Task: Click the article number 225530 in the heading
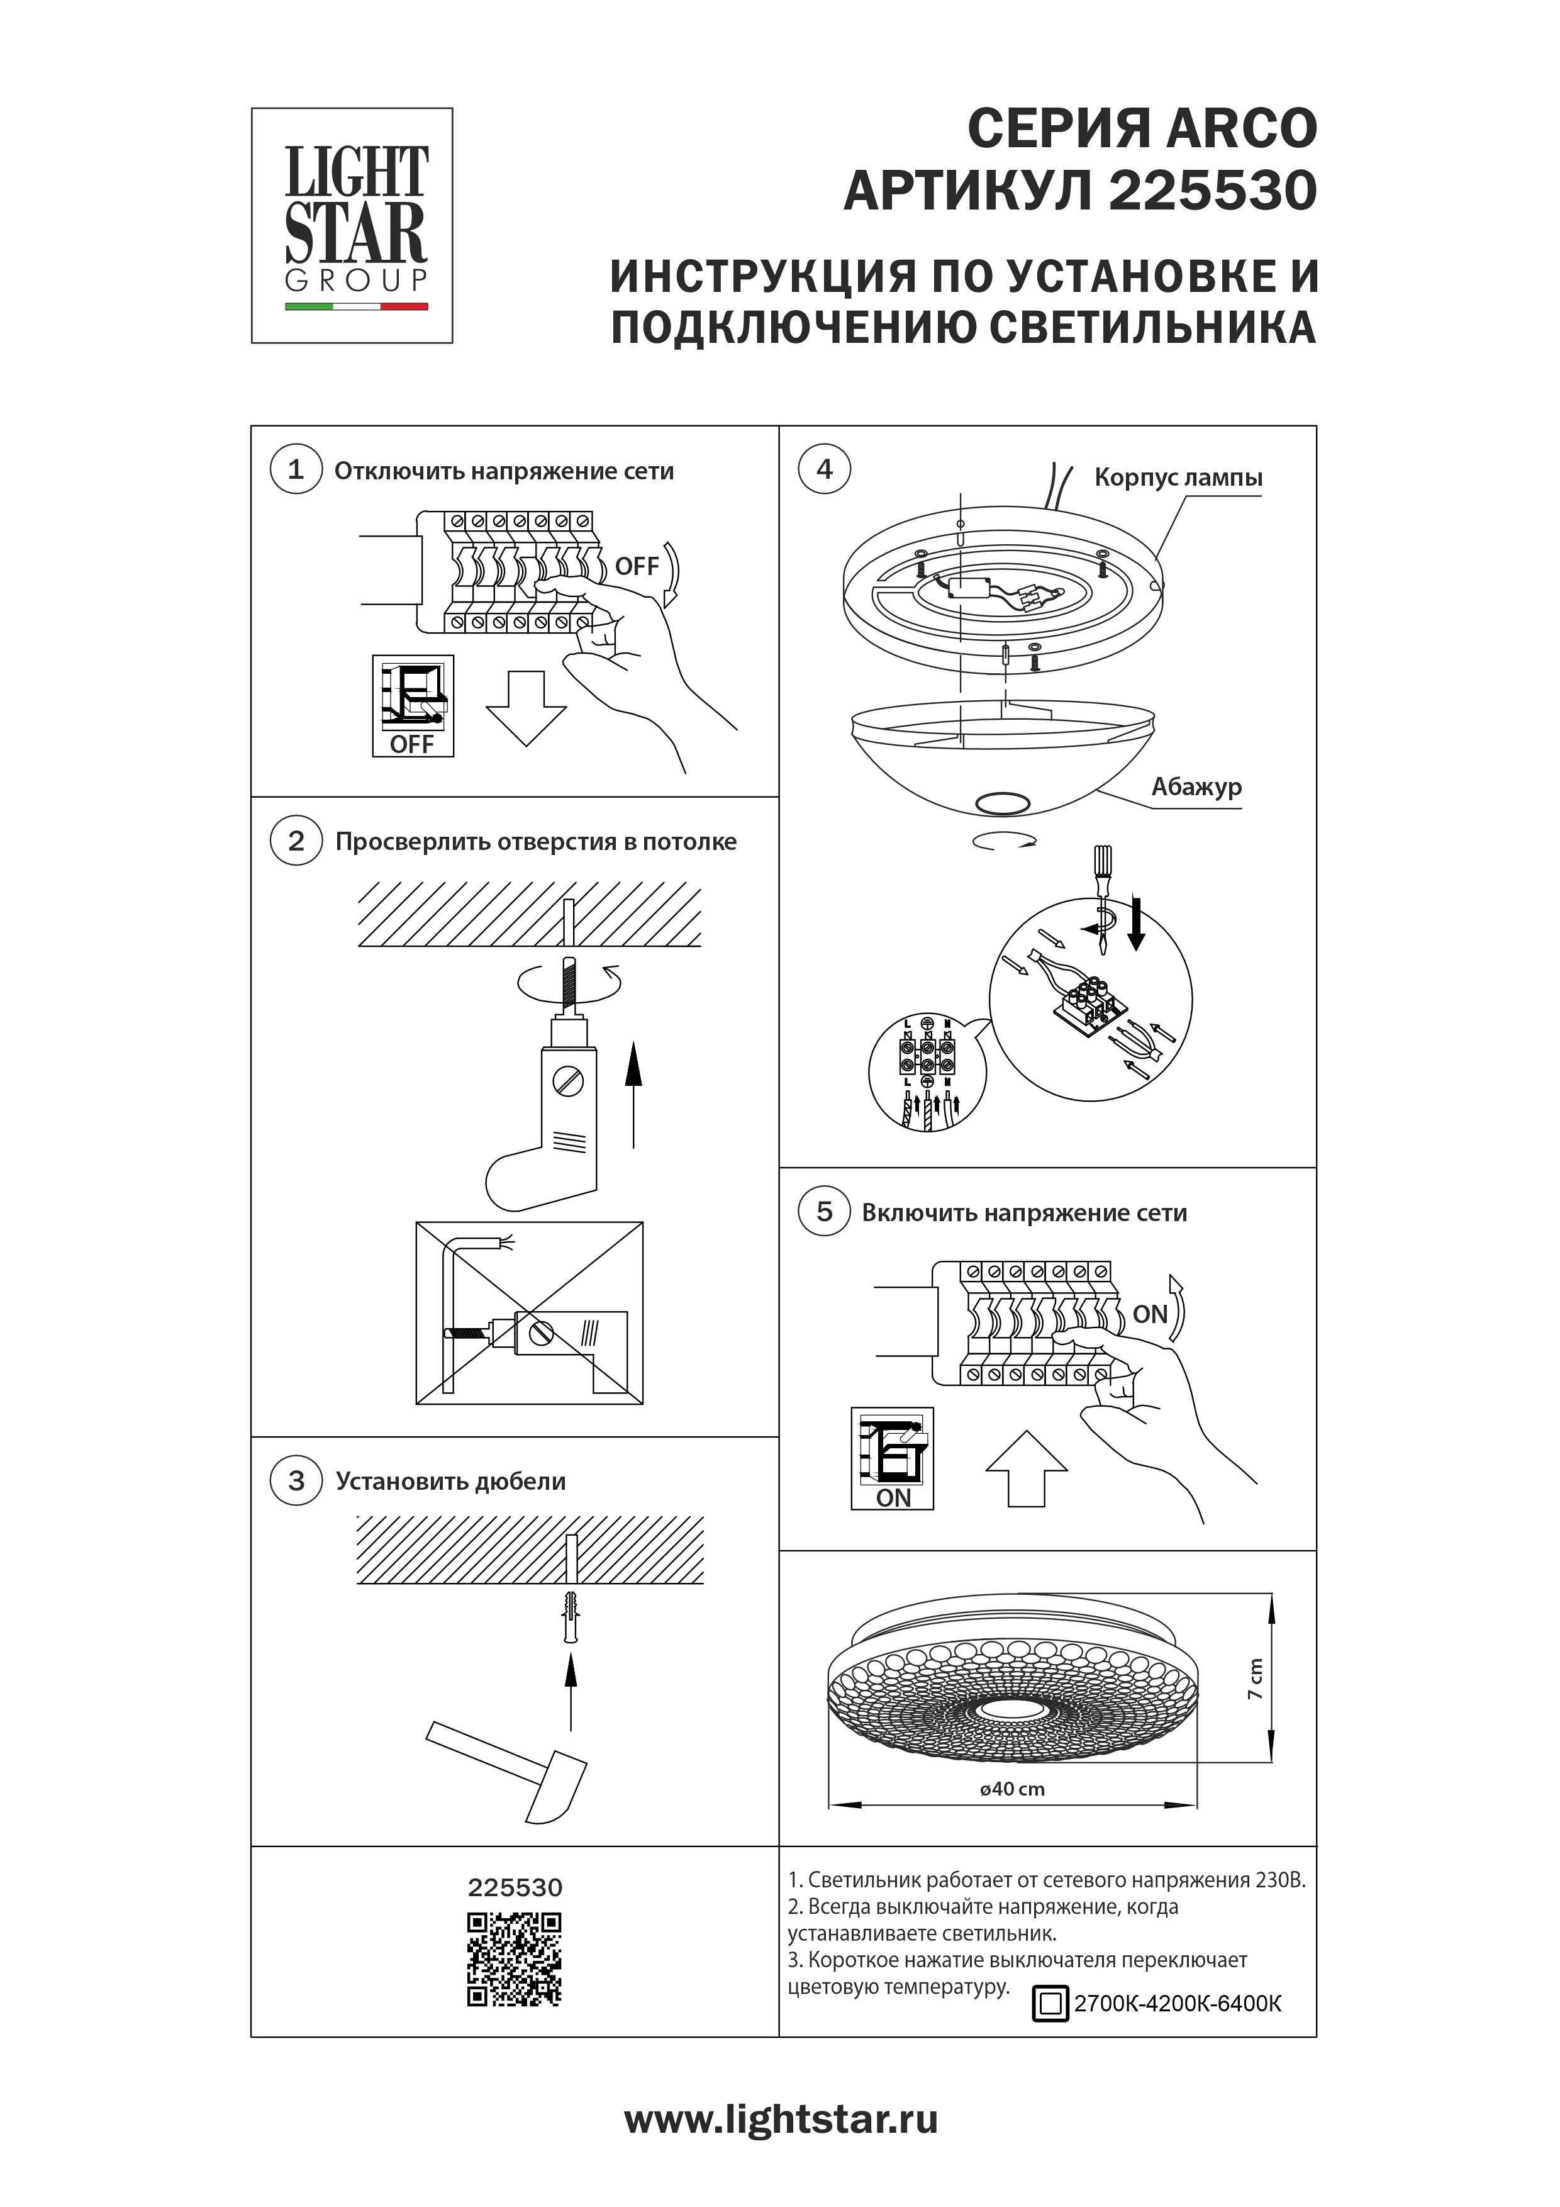1212,191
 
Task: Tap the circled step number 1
296,470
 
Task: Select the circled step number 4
824,469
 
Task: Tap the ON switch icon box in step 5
892,1458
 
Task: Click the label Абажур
1196,787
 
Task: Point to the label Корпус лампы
1178,478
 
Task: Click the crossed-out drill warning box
528,1312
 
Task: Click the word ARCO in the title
1241,129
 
